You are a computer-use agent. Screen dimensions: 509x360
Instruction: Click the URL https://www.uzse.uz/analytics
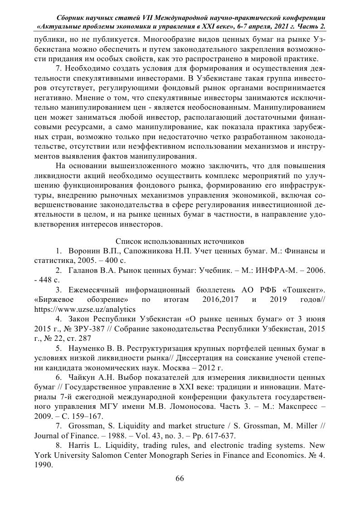click(x=85, y=309)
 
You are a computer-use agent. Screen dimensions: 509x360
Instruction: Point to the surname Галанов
click(x=83, y=270)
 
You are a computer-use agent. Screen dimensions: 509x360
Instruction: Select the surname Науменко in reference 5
click(x=85, y=349)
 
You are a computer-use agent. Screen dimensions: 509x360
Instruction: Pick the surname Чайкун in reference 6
click(x=82, y=377)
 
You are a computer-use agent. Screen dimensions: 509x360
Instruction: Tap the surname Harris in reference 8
click(x=78, y=446)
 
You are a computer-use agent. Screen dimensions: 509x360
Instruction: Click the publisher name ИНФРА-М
click(x=263, y=270)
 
